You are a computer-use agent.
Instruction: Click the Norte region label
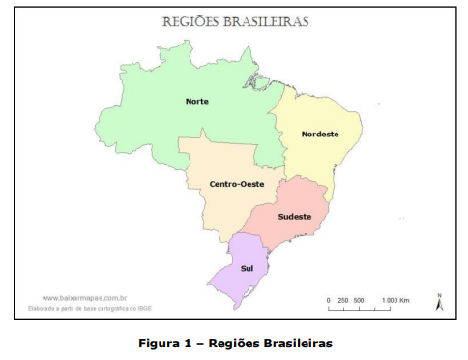tap(197, 101)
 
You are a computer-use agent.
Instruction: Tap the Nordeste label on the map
tap(319, 134)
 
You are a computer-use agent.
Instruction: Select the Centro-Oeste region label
tap(237, 184)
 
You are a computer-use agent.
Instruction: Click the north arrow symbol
tap(438, 304)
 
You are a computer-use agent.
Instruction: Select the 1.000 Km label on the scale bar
tap(396, 301)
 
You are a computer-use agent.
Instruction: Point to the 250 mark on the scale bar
tap(343, 301)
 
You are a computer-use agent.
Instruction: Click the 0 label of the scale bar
tap(329, 301)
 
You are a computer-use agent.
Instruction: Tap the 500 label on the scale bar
tap(359, 301)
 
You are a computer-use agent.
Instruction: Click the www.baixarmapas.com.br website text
tap(86, 298)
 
